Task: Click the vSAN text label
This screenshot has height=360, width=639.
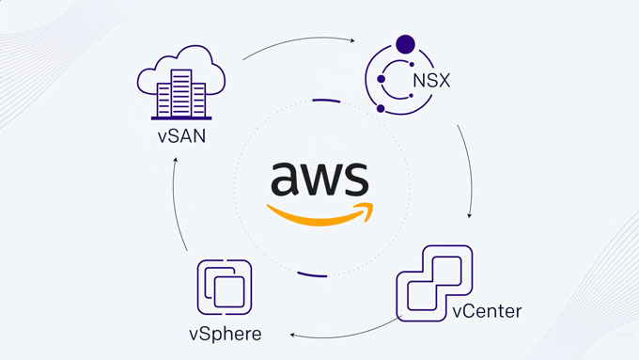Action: [x=181, y=135]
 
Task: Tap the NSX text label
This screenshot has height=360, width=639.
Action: [x=431, y=80]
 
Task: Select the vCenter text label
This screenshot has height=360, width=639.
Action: [x=487, y=311]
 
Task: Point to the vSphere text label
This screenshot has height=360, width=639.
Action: [x=226, y=334]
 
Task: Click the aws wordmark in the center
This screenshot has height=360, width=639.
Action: [x=319, y=178]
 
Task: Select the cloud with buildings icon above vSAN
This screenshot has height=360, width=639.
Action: [x=181, y=83]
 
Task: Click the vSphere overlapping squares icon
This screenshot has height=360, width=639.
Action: [x=225, y=288]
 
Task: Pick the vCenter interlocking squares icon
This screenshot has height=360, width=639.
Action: [x=434, y=283]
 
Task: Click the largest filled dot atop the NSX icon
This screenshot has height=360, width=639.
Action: [x=406, y=44]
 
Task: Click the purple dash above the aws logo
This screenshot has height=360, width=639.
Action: [x=326, y=101]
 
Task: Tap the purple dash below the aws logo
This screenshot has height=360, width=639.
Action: [x=312, y=274]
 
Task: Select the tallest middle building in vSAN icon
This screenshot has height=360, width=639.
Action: [x=181, y=93]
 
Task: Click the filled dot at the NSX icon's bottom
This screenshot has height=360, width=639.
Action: [x=381, y=108]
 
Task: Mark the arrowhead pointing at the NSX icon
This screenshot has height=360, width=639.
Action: [x=352, y=40]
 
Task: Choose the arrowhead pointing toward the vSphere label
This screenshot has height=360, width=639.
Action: [x=292, y=335]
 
